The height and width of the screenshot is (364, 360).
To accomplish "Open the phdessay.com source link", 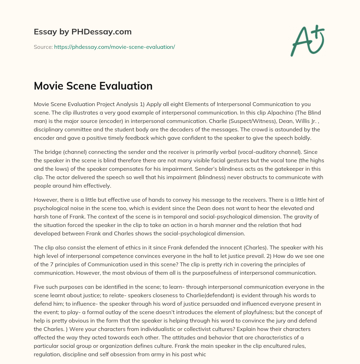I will point(114,47).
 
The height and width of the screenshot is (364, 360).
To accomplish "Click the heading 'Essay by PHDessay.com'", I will point(83,32).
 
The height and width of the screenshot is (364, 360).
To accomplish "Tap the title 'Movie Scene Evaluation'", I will point(93,86).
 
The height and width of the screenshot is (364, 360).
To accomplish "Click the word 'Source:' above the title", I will point(43,47).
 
